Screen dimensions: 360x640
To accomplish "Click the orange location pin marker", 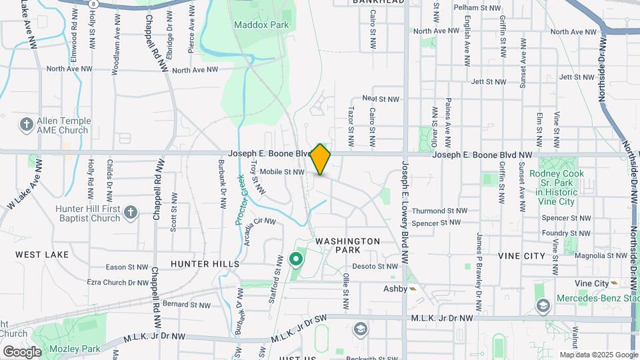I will click(x=321, y=159).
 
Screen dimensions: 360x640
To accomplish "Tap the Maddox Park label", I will click(x=252, y=25).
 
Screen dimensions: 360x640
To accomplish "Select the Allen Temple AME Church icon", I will click(x=26, y=124).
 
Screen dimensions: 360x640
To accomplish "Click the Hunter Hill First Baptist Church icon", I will click(x=131, y=213).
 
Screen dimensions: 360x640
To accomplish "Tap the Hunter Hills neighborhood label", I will click(x=205, y=264).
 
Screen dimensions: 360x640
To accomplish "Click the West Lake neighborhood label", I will click(x=42, y=255).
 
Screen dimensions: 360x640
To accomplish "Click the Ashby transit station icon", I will click(x=413, y=289).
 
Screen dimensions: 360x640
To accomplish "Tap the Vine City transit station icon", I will click(x=614, y=283).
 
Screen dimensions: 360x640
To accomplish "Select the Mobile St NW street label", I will click(x=281, y=172).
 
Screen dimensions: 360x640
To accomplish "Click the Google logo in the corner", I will click(x=21, y=352).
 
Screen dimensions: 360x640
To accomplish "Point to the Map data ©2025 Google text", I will click(x=599, y=355).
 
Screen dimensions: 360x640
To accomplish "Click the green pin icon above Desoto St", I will click(x=296, y=259).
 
